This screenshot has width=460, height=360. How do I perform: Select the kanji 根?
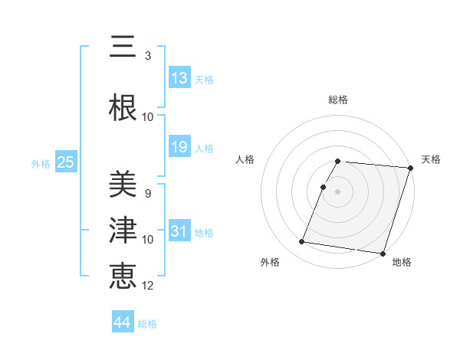click(x=123, y=106)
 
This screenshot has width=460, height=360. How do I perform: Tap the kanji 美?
click(x=123, y=183)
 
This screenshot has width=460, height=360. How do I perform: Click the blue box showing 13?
click(x=179, y=78)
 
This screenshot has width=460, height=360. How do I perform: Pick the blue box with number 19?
click(x=179, y=147)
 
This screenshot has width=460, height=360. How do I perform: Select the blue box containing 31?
click(x=179, y=231)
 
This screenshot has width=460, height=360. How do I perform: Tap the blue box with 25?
click(x=65, y=162)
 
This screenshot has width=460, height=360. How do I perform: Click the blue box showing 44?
click(x=123, y=322)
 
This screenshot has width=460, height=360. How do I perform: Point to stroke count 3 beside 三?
click(x=148, y=56)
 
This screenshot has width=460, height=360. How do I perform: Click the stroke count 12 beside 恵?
click(x=148, y=286)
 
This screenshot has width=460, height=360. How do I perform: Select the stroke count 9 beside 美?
click(x=148, y=193)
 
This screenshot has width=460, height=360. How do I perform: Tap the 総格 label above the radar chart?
click(x=338, y=100)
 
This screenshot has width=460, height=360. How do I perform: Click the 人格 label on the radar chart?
click(x=245, y=159)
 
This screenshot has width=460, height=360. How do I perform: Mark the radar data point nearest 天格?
click(x=410, y=168)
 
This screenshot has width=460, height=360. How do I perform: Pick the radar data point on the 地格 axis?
click(x=383, y=253)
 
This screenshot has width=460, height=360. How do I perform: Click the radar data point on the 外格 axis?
click(x=302, y=242)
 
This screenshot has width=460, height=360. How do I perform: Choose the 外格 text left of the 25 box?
click(x=41, y=163)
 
